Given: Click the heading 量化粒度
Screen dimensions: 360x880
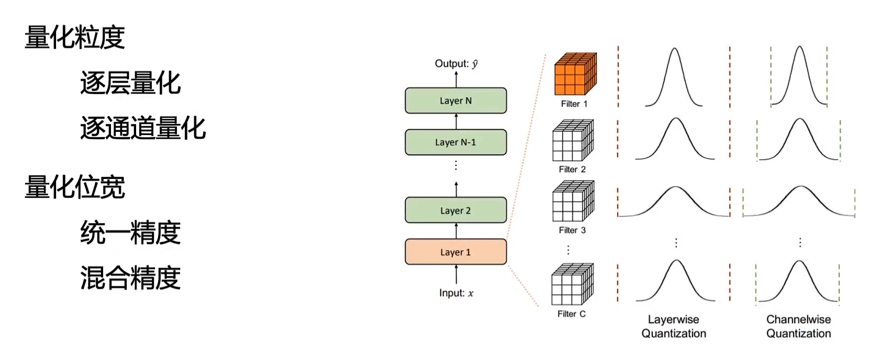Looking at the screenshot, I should pos(74,37).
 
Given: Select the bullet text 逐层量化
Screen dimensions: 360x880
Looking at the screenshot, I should pos(130,83).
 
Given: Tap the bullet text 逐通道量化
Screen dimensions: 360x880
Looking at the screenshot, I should pos(143,128).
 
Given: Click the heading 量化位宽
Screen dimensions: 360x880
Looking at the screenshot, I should pos(74,187).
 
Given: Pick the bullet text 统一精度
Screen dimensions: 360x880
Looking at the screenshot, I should pos(130,232).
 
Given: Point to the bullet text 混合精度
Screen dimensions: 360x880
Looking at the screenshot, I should pos(130,278).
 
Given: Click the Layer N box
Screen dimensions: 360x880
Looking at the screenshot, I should pos(455,100).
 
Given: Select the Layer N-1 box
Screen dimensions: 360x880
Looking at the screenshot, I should pos(455,142).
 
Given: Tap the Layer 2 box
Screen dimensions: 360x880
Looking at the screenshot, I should pos(455,210).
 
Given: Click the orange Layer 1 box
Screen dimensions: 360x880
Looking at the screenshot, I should pos(455,252).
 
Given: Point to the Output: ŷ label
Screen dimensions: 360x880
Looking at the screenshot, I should pos(456,64).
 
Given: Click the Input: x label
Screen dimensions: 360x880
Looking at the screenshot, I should pos(456,293).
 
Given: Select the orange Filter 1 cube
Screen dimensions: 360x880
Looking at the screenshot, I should pos(575,74).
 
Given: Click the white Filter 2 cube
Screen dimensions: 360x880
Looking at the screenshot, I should pos(573,140).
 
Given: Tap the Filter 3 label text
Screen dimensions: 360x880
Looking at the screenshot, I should pos(572,230).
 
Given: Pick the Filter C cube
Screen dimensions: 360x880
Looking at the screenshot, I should pos(572,285).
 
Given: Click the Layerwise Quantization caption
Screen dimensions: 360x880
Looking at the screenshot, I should pos(674,327).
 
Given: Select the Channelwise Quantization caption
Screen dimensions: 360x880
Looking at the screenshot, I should pos(798,327).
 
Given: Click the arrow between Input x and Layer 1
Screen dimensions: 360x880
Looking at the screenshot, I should pos(456,275).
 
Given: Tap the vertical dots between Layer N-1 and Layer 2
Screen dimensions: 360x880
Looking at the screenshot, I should pos(456,165).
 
